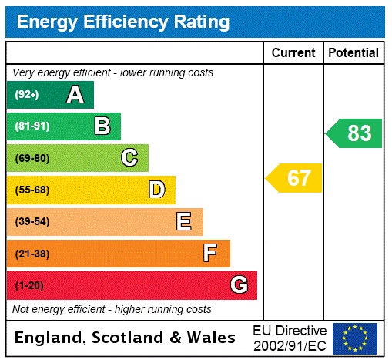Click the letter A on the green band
click(x=75, y=95)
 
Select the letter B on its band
click(x=102, y=126)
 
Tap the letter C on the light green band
click(x=129, y=158)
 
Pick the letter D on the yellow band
click(x=157, y=190)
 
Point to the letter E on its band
click(x=183, y=222)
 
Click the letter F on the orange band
click(x=210, y=253)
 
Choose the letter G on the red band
click(x=239, y=285)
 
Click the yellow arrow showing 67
click(x=294, y=179)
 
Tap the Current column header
click(x=293, y=53)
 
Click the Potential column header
click(x=353, y=53)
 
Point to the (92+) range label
click(x=27, y=95)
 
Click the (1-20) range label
click(x=29, y=286)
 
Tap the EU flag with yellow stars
click(x=355, y=338)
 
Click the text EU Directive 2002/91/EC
click(x=290, y=338)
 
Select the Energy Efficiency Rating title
click(x=123, y=22)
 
